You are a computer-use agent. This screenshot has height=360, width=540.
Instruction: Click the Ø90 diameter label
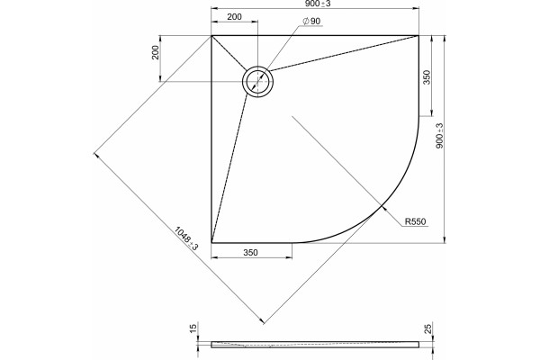point(311,22)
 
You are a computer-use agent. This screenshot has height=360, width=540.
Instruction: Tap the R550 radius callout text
point(415,221)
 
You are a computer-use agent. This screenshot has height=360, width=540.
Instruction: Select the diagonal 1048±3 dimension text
point(186,238)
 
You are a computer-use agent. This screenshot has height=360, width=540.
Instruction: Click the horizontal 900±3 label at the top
point(317,4)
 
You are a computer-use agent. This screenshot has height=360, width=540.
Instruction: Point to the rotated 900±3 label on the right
point(439,136)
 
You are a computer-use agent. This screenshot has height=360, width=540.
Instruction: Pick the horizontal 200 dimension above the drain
point(235,16)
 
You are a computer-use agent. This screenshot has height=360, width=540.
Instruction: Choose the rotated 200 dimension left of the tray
point(156,52)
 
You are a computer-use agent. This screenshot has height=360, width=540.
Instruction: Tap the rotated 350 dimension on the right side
point(427,77)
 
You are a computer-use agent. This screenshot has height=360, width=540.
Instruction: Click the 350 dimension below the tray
point(250,253)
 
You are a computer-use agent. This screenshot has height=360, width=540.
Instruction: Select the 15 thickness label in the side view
point(193,328)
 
